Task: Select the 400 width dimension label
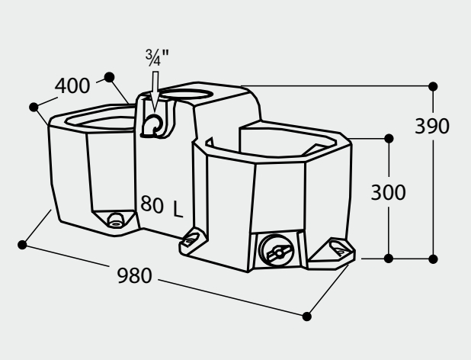72,86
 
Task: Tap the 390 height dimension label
432,126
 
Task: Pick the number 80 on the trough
152,204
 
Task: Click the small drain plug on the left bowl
115,220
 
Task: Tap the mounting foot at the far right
336,249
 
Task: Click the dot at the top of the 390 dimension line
433,85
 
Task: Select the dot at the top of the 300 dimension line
389,138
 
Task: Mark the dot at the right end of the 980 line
308,315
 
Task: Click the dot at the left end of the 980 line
22,244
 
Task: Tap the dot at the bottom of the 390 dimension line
433,259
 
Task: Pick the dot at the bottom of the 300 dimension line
389,259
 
